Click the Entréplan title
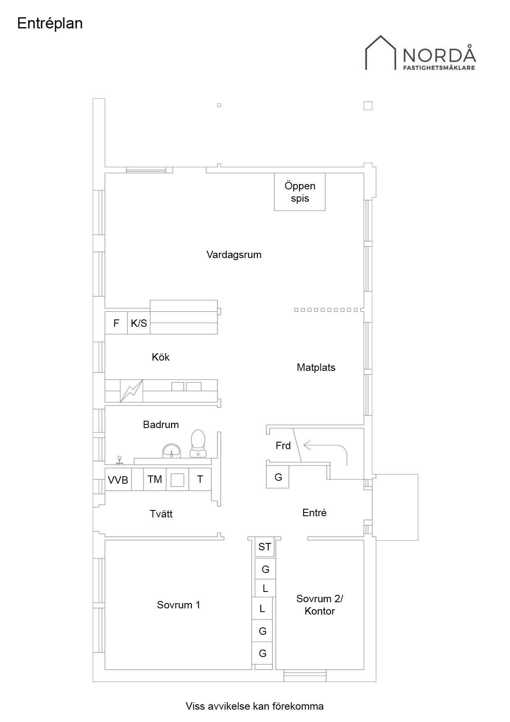[50, 23]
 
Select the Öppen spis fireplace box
[300, 192]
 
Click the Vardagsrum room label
[234, 254]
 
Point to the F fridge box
[116, 323]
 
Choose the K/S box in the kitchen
[139, 323]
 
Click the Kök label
[160, 357]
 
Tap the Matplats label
[316, 367]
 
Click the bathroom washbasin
[171, 451]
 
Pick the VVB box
[118, 479]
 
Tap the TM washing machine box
[155, 479]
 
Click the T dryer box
[200, 479]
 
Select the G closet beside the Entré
[278, 477]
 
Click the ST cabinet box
[264, 547]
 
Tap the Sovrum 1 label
[178, 605]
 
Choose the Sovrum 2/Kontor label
[320, 605]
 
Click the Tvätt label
[161, 514]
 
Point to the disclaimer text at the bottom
[255, 706]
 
